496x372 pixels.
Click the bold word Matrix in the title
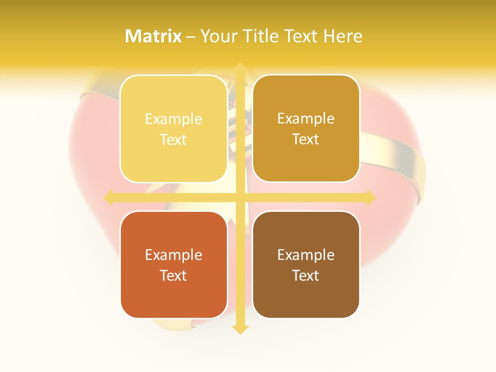153,36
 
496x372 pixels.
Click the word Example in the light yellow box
174,119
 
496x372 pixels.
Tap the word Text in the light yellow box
174,139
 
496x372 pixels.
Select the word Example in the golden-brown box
306,119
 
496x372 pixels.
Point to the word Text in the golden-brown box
306,139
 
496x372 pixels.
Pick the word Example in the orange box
174,255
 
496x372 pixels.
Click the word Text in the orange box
174,275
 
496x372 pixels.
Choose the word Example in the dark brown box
306,255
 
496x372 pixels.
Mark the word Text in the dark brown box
306,275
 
